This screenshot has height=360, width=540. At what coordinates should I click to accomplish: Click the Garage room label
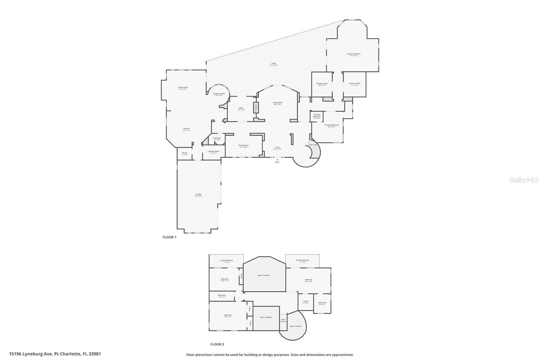pyautogui.click(x=198, y=195)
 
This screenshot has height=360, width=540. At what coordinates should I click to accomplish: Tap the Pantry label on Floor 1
pyautogui.click(x=184, y=153)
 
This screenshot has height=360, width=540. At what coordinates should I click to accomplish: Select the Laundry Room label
pyautogui.click(x=213, y=151)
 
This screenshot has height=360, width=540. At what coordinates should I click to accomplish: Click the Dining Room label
pyautogui.click(x=244, y=146)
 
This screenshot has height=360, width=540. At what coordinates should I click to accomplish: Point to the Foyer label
pyautogui.click(x=277, y=148)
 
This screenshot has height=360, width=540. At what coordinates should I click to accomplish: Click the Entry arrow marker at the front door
pyautogui.click(x=277, y=159)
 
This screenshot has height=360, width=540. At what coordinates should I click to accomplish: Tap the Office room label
pyautogui.click(x=241, y=108)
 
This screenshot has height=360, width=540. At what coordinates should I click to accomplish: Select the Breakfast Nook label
pyautogui.click(x=219, y=94)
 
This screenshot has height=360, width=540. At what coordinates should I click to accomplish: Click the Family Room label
pyautogui.click(x=183, y=87)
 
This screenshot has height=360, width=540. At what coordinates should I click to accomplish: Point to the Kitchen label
pyautogui.click(x=186, y=129)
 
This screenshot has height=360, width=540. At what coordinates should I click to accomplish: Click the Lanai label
pyautogui.click(x=273, y=63)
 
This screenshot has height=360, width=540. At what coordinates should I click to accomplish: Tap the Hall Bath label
pyautogui.click(x=217, y=138)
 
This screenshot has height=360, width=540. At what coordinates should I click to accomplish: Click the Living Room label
pyautogui.click(x=277, y=103)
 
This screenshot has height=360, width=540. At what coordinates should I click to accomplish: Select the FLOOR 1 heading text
pyautogui.click(x=169, y=237)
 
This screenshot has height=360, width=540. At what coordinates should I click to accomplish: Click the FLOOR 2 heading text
pyautogui.click(x=217, y=344)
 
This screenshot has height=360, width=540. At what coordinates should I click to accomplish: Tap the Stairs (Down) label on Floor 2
pyautogui.click(x=283, y=320)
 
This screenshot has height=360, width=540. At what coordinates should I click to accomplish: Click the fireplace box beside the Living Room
pyautogui.click(x=256, y=107)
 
